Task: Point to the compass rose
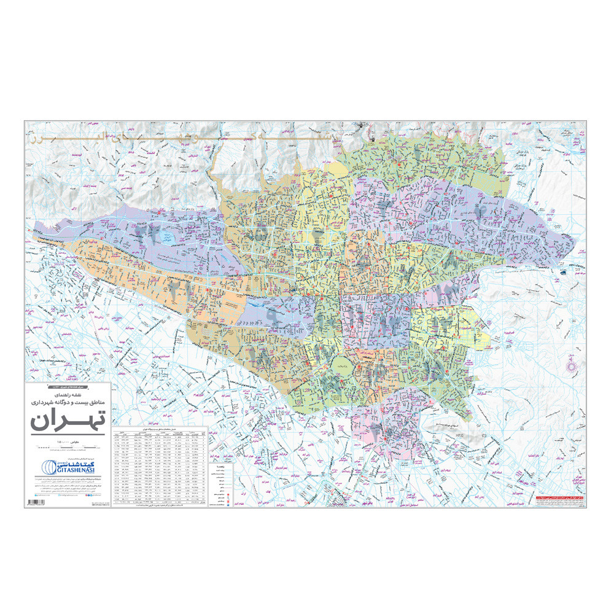click(x=573, y=366)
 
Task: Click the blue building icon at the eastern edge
click(x=563, y=271)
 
